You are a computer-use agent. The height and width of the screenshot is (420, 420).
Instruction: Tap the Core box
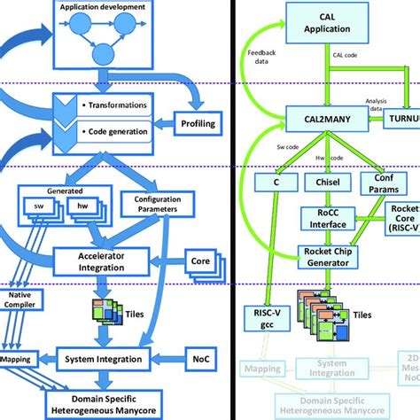(x=200, y=262)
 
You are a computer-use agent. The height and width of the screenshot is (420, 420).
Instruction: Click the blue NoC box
(x=199, y=359)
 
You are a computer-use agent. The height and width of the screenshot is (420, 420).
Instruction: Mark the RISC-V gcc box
(x=261, y=317)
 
